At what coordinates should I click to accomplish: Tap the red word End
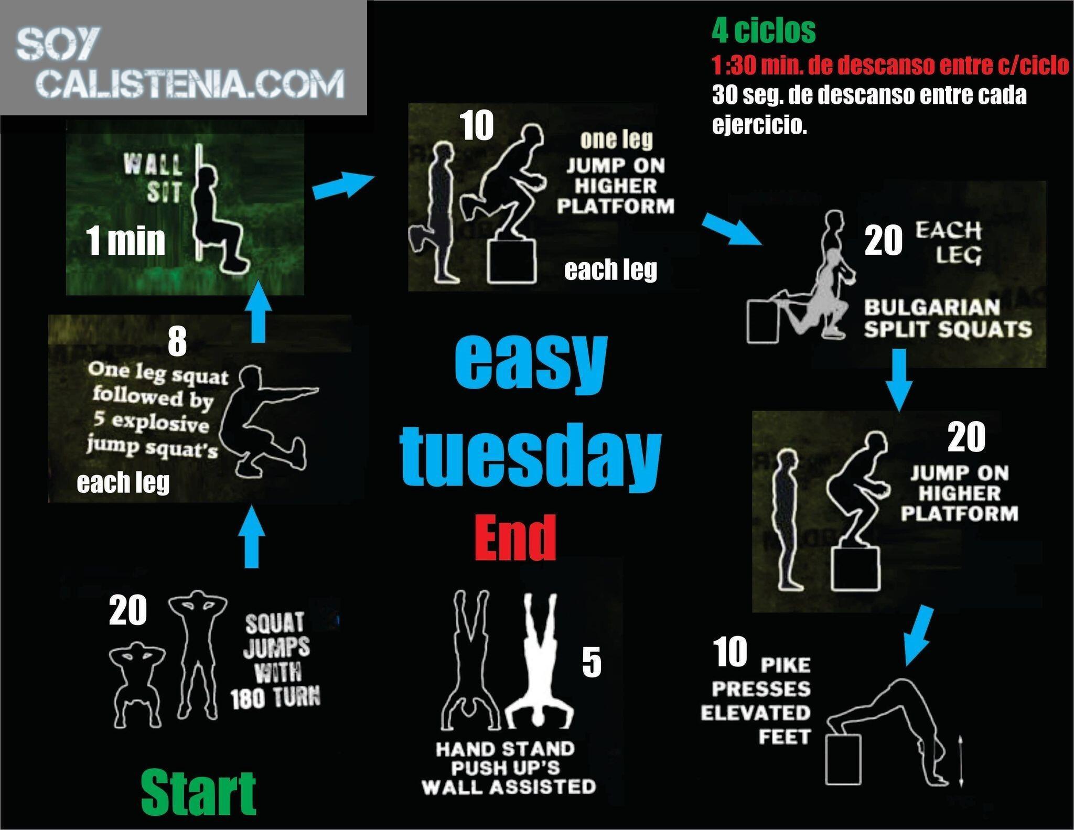point(515,537)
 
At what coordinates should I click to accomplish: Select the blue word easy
point(530,360)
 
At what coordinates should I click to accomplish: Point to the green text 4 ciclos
point(764,30)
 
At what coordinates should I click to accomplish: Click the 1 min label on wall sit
point(126,241)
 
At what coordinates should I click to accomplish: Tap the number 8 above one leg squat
point(177,341)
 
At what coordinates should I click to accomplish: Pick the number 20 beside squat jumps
point(128,611)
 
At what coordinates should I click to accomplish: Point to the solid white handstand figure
point(540,661)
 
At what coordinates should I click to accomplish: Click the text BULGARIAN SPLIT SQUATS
point(948,318)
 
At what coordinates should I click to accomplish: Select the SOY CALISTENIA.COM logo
point(181,63)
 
